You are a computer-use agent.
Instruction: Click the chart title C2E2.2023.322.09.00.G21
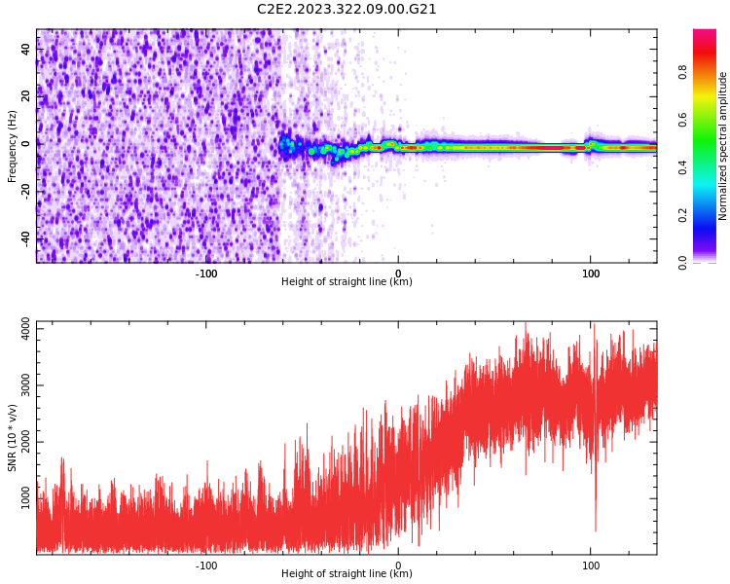coord(347,9)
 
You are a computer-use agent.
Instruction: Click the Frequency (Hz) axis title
coord(13,145)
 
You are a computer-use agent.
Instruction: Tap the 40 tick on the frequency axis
coord(26,49)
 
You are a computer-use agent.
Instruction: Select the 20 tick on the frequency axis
coord(26,96)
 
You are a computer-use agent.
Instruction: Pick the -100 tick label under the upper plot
coord(206,274)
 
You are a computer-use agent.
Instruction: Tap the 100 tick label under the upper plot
coord(590,274)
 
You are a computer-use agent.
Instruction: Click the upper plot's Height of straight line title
coord(347,282)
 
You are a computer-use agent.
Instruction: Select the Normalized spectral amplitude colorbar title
coord(723,146)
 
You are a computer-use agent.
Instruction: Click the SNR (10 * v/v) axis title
coord(13,437)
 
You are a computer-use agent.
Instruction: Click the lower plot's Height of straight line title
coord(347,574)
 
